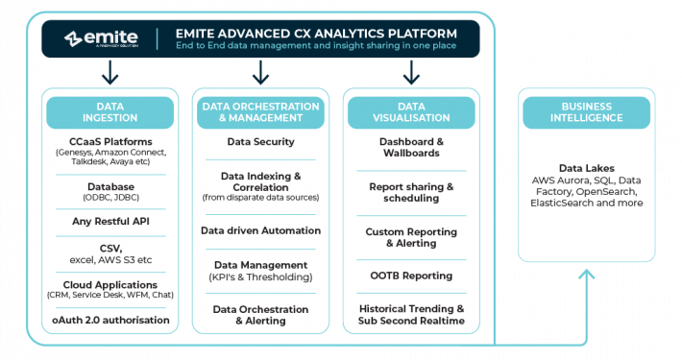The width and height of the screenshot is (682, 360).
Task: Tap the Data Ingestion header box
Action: [x=110, y=112]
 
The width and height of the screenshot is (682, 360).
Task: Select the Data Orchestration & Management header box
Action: [x=259, y=112]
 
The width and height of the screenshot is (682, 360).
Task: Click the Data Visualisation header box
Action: [x=411, y=112]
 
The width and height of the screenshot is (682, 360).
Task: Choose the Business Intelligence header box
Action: [x=585, y=112]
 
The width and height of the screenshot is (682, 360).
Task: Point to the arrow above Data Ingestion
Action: [x=110, y=72]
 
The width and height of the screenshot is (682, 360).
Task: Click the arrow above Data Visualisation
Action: [x=411, y=72]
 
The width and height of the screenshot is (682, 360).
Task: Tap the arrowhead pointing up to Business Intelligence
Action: [x=585, y=276]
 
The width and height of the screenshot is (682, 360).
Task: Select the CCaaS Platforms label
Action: [x=110, y=141]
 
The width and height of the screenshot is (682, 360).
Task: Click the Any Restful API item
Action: [x=110, y=222]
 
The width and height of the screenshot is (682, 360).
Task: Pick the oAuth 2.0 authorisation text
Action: [x=110, y=320]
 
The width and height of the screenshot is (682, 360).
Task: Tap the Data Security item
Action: [x=260, y=141]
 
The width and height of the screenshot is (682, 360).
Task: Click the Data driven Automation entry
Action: [x=260, y=230]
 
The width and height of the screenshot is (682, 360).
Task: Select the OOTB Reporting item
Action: [x=411, y=276]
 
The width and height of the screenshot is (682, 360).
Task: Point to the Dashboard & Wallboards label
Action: [x=411, y=147]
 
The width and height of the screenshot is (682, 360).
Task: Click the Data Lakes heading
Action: [x=585, y=167]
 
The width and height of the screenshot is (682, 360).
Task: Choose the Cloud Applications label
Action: [x=110, y=285]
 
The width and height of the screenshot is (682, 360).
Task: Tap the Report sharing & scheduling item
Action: [x=411, y=192]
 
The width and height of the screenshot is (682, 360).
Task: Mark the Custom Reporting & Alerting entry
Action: [x=411, y=237]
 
